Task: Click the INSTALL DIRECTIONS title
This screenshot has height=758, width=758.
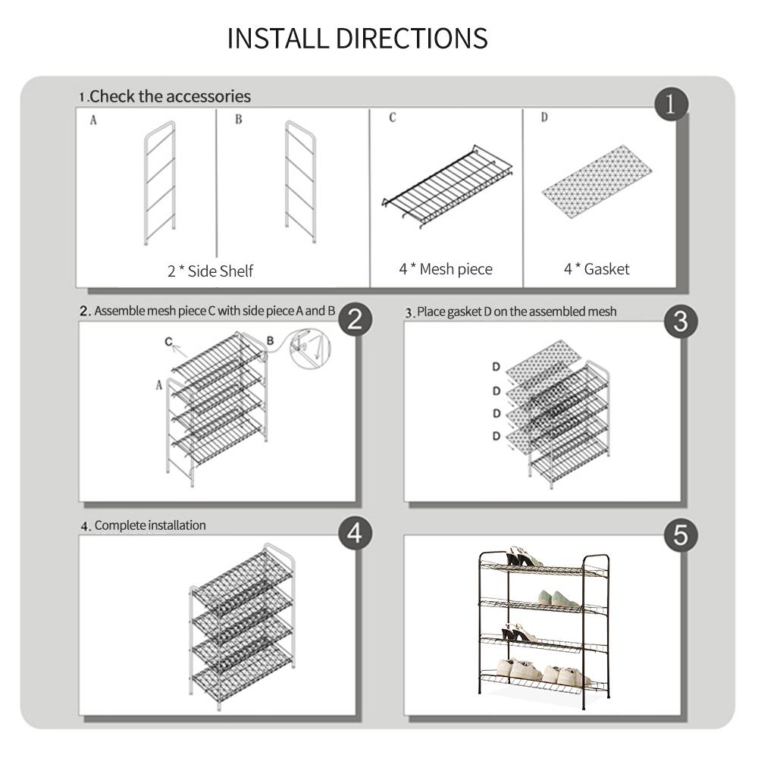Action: click(357, 38)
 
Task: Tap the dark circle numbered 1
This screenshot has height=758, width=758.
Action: click(670, 105)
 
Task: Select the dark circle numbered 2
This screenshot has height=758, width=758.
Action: click(356, 320)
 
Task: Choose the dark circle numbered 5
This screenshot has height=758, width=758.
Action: click(680, 535)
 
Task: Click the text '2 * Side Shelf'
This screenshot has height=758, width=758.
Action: click(210, 271)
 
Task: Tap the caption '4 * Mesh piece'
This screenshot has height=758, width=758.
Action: click(446, 268)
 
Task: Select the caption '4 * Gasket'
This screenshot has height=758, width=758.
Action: click(597, 268)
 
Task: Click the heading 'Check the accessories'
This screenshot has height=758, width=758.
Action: click(170, 96)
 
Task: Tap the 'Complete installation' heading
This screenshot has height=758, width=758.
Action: click(149, 525)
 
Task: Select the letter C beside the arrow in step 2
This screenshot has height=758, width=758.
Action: click(168, 342)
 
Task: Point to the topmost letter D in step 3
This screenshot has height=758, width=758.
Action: click(496, 368)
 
